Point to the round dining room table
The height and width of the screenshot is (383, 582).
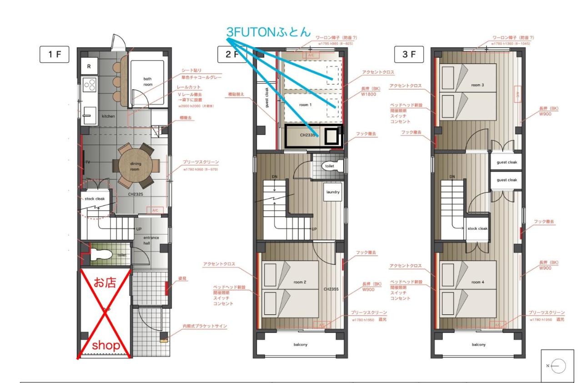click(x=135, y=166)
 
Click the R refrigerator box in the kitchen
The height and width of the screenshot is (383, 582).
click(x=89, y=66)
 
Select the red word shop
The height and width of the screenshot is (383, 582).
click(x=106, y=346)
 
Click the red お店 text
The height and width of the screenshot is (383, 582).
click(x=105, y=282)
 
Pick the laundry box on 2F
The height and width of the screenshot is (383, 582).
click(x=333, y=192)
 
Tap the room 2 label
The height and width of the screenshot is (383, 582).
click(x=299, y=282)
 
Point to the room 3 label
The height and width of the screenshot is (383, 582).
click(x=477, y=85)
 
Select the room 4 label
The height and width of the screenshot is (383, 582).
click(x=477, y=282)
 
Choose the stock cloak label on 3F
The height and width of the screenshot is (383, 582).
click(x=477, y=228)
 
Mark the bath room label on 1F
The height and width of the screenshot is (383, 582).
click(x=148, y=82)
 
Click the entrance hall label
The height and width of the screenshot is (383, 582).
click(x=151, y=242)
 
